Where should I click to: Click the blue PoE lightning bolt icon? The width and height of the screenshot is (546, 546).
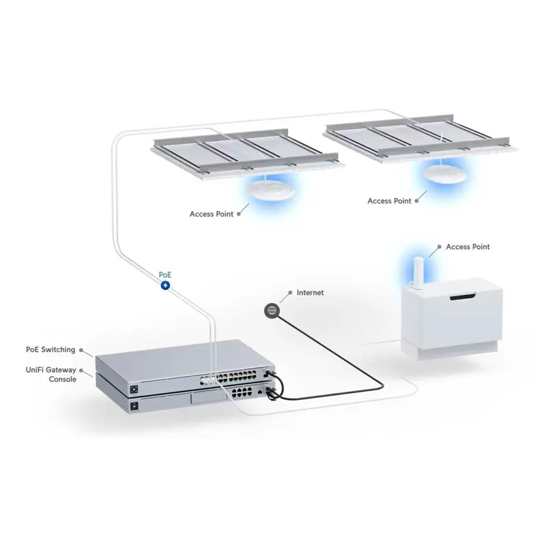tap(165, 285)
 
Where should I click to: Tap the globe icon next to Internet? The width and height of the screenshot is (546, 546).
tap(272, 311)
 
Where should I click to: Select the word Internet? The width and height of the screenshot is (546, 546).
tap(311, 293)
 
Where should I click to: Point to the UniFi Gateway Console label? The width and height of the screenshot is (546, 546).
tap(51, 374)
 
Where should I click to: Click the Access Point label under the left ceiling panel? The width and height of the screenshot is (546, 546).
tap(212, 214)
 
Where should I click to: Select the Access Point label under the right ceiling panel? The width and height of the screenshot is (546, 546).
tap(389, 201)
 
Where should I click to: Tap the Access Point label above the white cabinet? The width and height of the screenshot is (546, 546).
tap(468, 247)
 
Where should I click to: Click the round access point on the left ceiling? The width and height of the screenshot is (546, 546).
tap(268, 188)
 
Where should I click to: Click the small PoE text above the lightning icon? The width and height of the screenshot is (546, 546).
tap(165, 274)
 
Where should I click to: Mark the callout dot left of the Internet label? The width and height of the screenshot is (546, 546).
tap(289, 293)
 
